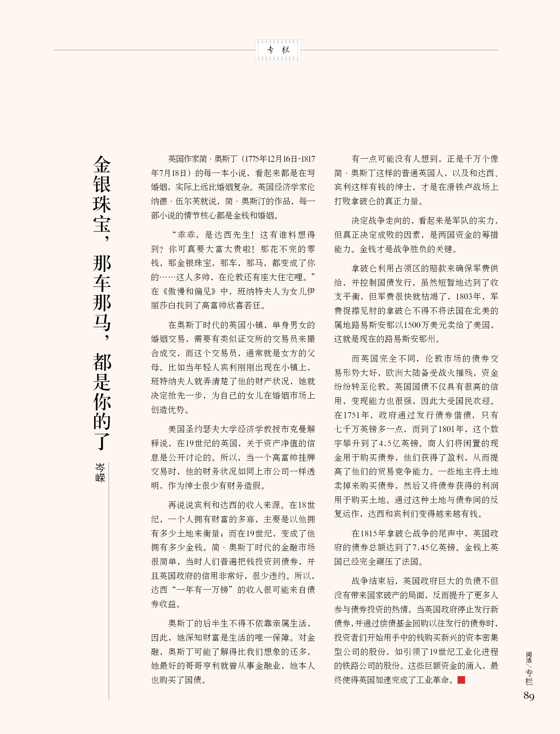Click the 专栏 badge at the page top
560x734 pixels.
tap(278, 50)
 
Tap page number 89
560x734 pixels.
tap(529, 696)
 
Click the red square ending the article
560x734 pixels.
tap(461, 680)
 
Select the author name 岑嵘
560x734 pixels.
tap(100, 472)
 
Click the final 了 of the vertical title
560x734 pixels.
tap(102, 441)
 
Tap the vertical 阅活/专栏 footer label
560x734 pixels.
tap(529, 668)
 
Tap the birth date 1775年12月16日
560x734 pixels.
tap(271, 159)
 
